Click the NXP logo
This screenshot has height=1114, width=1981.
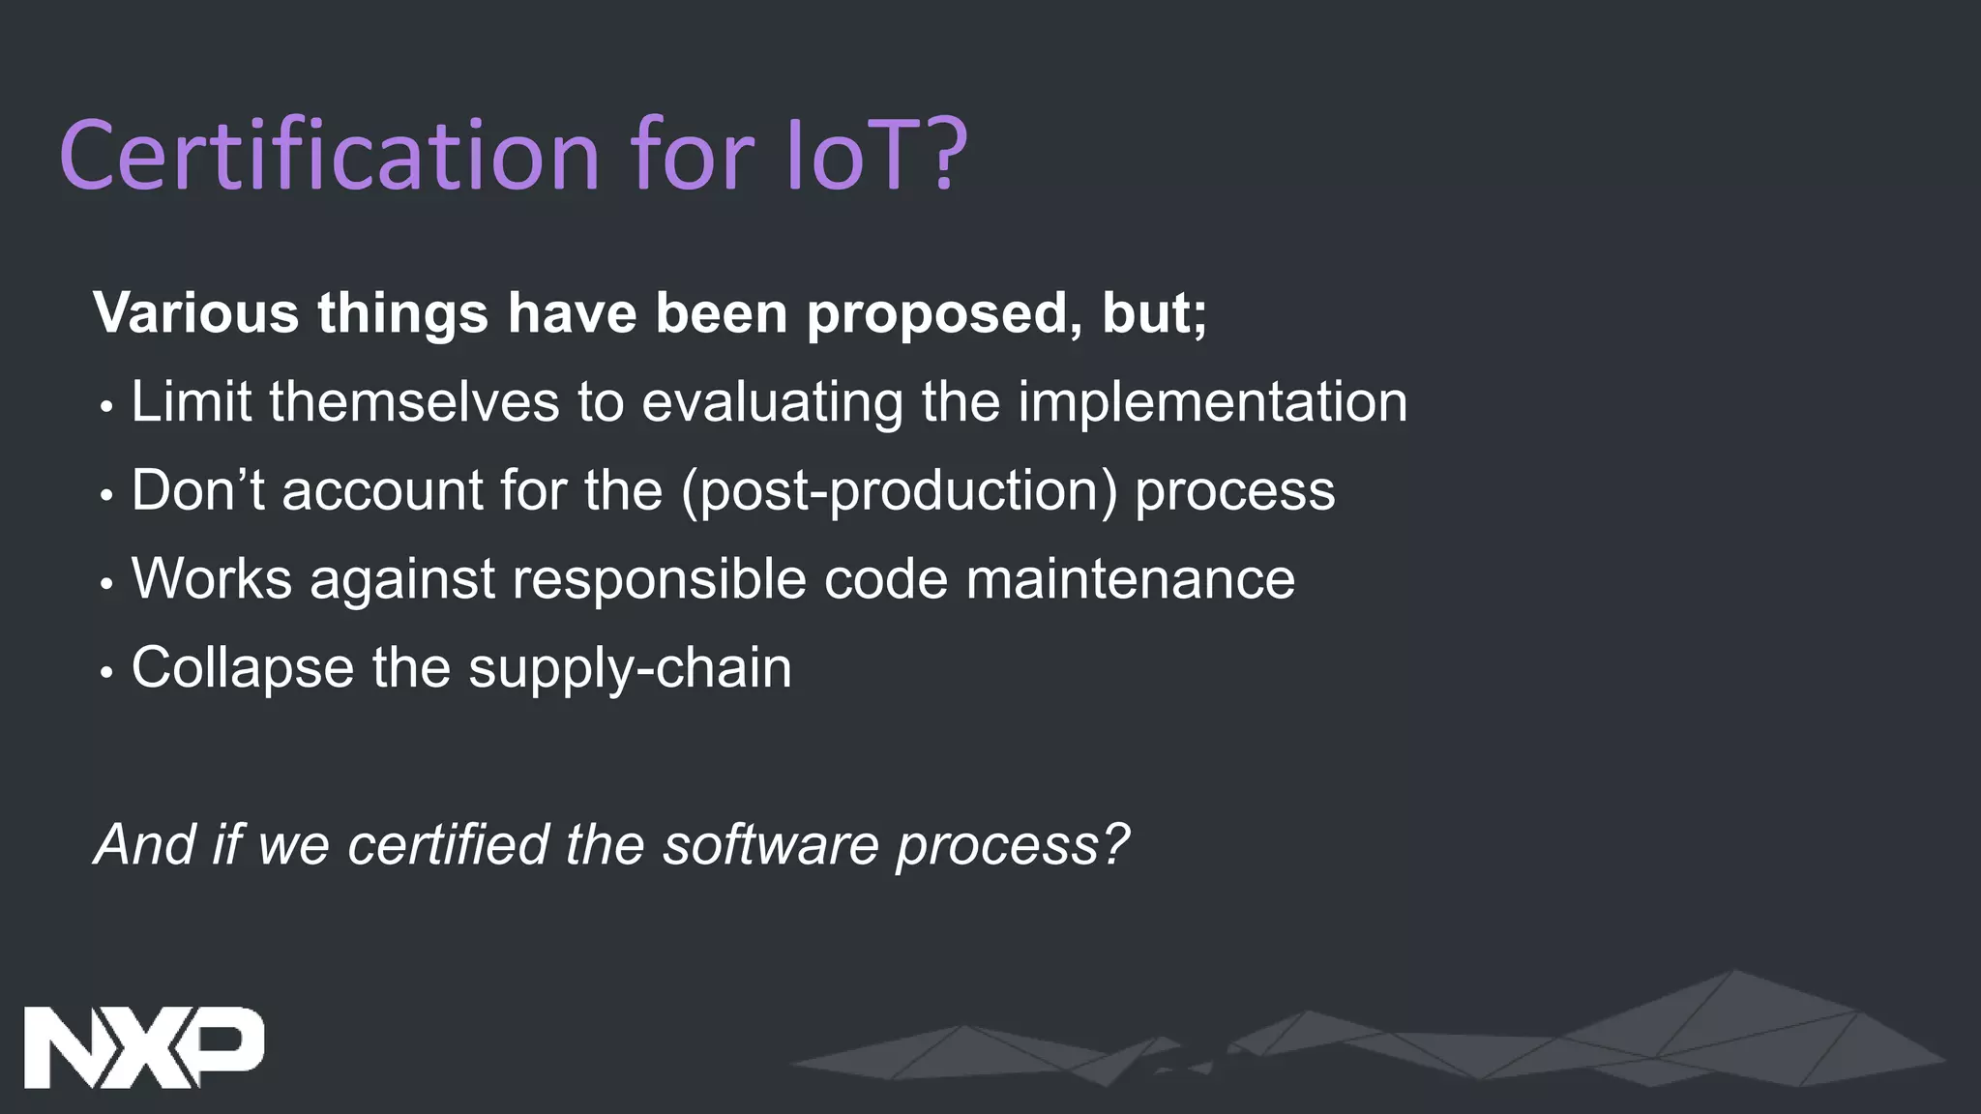click(143, 1047)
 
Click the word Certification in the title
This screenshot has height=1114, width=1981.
click(330, 155)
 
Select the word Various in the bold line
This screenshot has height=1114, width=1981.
click(196, 313)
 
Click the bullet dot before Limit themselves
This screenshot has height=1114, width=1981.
click(107, 407)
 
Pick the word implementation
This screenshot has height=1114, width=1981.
click(1213, 402)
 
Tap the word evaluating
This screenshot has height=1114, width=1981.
click(772, 402)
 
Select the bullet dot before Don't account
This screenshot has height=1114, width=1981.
click(107, 496)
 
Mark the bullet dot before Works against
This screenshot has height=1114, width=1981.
click(107, 584)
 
